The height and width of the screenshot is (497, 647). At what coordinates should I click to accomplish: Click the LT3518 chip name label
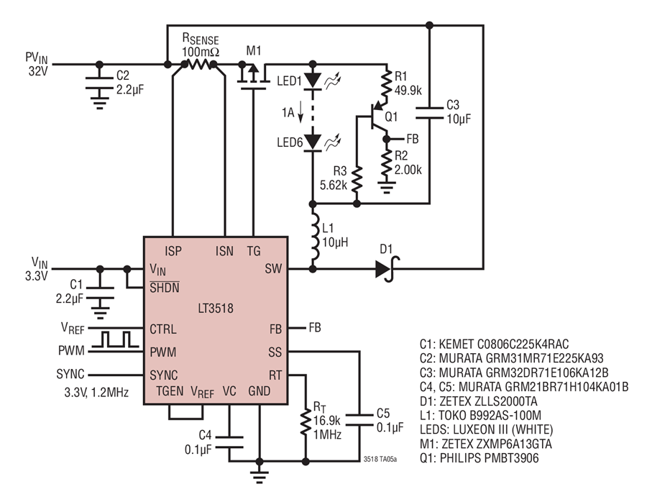pos(216,309)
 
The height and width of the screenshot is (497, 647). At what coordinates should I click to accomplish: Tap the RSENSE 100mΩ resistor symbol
pos(199,65)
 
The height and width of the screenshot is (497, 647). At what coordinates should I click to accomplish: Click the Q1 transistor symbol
pos(377,117)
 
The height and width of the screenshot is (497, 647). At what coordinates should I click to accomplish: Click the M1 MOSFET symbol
pos(252,76)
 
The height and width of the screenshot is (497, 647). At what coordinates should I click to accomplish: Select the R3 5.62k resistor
pos(357,179)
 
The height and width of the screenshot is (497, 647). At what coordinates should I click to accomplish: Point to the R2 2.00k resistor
pos(387,163)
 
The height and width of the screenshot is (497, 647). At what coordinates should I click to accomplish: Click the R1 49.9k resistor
pos(387,84)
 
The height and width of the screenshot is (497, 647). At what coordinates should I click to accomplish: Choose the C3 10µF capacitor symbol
pos(430,113)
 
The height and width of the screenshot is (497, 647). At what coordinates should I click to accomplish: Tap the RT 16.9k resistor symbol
pos(306,422)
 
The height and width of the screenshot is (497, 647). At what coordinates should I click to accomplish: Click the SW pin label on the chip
pos(273,269)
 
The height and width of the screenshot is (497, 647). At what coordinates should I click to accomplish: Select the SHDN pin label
pos(164,287)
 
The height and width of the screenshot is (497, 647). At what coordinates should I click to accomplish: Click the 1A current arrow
pos(300,112)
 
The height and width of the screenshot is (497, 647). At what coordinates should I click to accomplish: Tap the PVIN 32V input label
pos(37,65)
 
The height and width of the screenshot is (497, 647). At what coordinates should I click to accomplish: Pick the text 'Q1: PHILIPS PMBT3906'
pos(479,457)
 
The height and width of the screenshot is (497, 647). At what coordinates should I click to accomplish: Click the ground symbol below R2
pos(387,188)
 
